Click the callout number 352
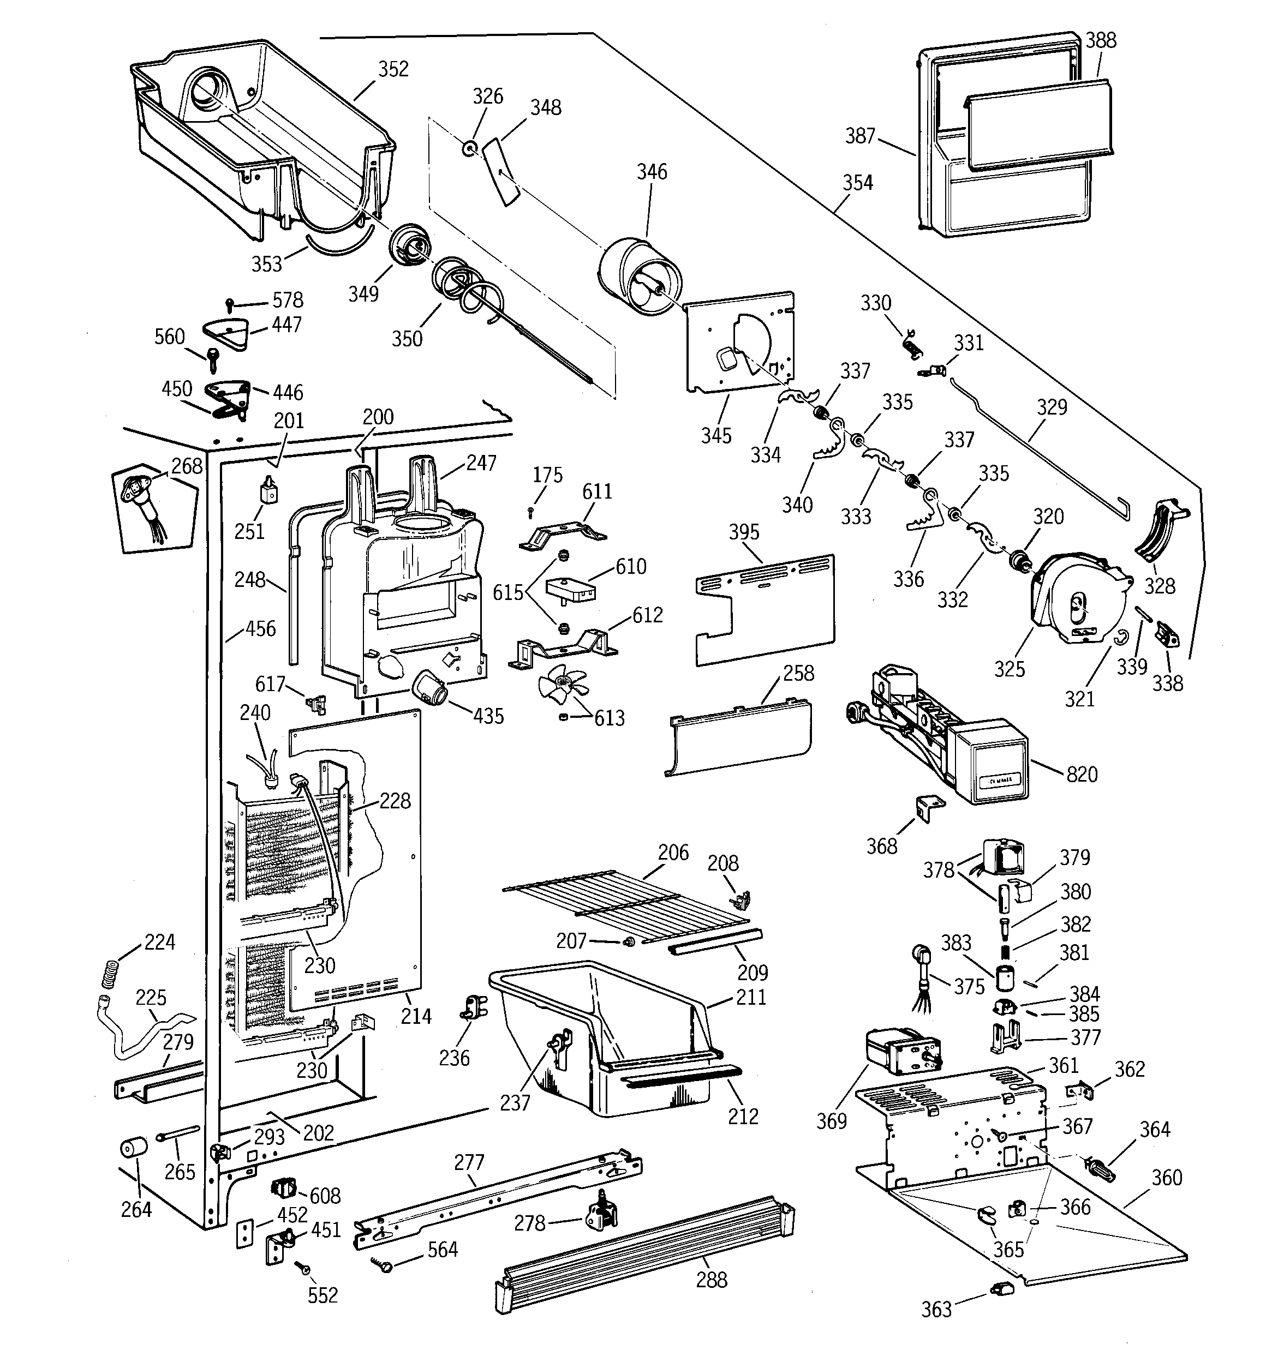393,69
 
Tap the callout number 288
712,1280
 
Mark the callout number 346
651,172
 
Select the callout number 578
288,300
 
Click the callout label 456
260,629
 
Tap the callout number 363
936,1309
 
